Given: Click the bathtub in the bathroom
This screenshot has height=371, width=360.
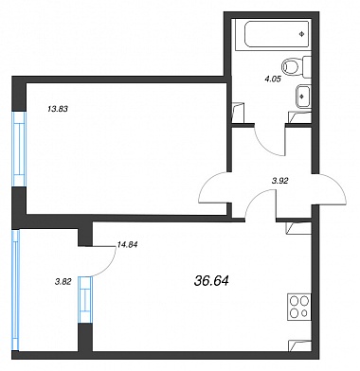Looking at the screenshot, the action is pos(277,34).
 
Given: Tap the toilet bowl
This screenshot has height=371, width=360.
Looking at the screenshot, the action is pos(291,67).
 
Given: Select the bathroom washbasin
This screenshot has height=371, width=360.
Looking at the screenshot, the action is pos(302,97).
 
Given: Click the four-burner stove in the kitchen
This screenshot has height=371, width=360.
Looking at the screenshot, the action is pos(299,307).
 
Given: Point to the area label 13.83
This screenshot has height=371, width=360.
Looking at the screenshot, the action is pos(58,110).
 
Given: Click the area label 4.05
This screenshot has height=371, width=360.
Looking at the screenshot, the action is pos(273,79).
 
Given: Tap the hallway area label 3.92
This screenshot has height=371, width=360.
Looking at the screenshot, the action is pos(280,182).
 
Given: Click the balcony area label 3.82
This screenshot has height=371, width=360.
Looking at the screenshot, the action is pos(63,282).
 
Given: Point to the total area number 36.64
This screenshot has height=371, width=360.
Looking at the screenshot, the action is pos(211,280).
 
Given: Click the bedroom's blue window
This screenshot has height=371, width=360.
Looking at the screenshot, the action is pos(19,149).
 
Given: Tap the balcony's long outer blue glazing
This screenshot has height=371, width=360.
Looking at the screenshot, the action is pos(15,290).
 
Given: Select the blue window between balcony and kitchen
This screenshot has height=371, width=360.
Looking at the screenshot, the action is pos(85,299).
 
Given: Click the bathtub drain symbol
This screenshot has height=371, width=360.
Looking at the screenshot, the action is pos(302,34).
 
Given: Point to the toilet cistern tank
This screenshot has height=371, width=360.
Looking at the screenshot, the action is pos(307,67).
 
